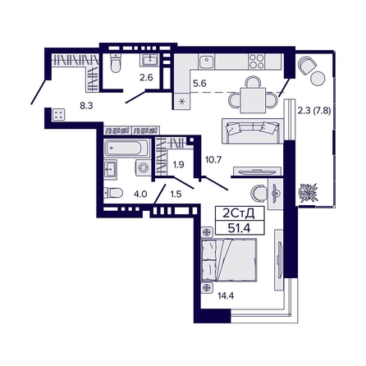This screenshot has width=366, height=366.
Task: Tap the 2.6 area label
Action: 145,78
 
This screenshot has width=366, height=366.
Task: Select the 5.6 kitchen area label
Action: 199,82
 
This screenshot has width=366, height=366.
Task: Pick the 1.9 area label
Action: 178,165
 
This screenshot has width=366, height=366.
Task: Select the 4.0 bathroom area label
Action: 140,194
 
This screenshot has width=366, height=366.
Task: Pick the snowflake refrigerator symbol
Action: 183,103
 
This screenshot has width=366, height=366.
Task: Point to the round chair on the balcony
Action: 308,68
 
